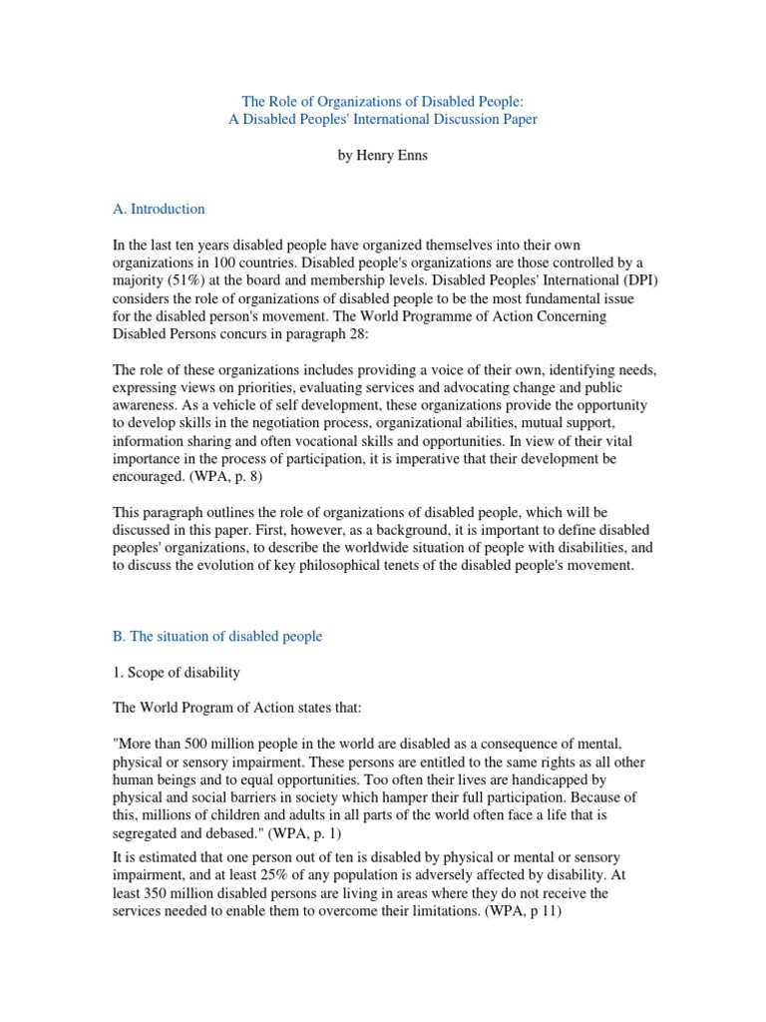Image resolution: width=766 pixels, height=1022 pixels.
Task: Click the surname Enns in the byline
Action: (410, 157)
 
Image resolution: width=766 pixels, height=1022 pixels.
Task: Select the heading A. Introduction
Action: (159, 209)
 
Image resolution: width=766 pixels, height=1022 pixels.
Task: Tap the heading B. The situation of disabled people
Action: (216, 636)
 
